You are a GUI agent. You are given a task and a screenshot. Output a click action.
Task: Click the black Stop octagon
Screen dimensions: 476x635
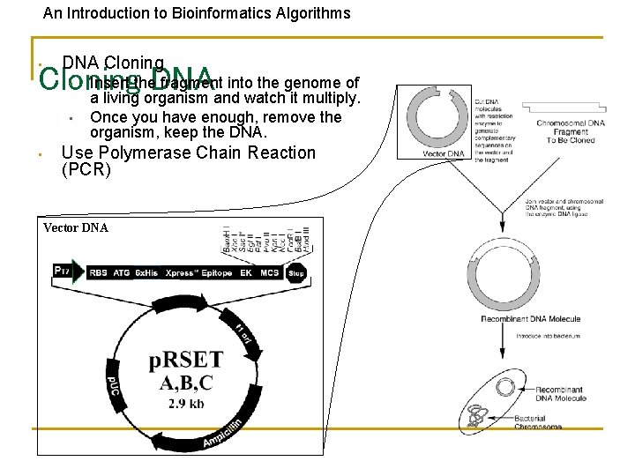pyautogui.click(x=297, y=272)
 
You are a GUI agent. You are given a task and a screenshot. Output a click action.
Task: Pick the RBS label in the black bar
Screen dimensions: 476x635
pyautogui.click(x=99, y=273)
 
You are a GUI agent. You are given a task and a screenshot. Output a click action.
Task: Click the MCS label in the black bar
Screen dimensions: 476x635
pyautogui.click(x=269, y=273)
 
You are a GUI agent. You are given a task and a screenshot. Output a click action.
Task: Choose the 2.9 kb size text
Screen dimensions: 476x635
pyautogui.click(x=186, y=405)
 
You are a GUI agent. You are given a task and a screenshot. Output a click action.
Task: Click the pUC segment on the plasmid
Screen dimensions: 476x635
pyautogui.click(x=113, y=387)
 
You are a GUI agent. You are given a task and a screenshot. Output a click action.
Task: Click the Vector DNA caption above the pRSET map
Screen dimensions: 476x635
pyautogui.click(x=76, y=227)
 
